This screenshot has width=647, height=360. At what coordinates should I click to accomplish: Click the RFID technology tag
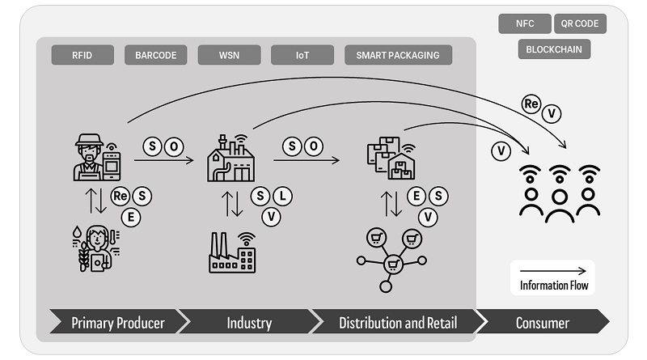pyautogui.click(x=82, y=55)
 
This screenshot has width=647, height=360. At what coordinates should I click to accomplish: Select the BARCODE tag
pyautogui.click(x=155, y=55)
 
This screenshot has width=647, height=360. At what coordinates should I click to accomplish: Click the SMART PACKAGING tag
pyautogui.click(x=398, y=55)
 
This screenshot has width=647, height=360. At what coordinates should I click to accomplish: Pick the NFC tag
pyautogui.click(x=524, y=23)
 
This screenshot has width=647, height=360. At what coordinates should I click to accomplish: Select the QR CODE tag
pyautogui.click(x=580, y=23)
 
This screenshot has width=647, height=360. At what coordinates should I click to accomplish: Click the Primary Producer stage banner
pyautogui.click(x=118, y=323)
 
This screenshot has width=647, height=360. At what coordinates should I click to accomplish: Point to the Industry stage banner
pyautogui.click(x=248, y=323)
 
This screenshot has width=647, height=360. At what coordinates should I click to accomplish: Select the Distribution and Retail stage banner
pyautogui.click(x=396, y=323)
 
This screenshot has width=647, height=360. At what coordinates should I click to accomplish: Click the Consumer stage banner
pyautogui.click(x=542, y=323)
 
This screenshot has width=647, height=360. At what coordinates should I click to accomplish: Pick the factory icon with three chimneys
pyautogui.click(x=231, y=252)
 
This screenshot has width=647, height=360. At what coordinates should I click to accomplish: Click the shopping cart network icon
pyautogui.click(x=391, y=257)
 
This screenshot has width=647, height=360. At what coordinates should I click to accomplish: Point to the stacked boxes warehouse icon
pyautogui.click(x=389, y=158)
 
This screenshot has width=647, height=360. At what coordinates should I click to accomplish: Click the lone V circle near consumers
pyautogui.click(x=501, y=150)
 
